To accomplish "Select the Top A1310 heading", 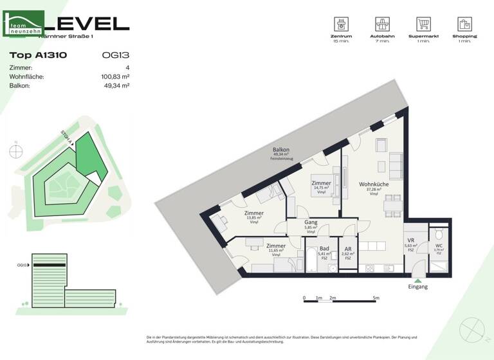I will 38,55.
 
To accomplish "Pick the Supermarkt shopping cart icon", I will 423,24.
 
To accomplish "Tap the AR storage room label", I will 347,249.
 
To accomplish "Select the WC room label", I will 439,245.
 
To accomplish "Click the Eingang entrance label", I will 418,287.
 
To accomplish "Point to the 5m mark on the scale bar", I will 376,298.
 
